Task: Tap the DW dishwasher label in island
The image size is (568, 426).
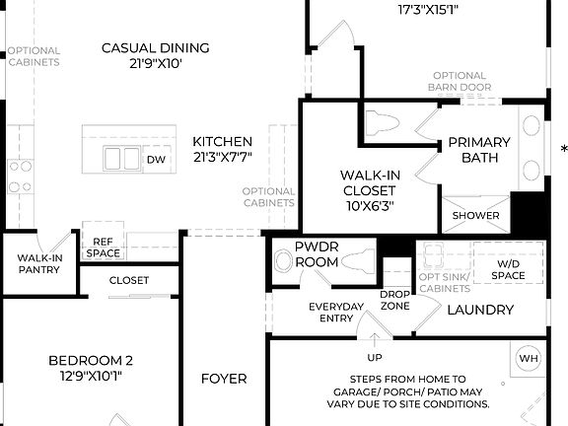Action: point(156,159)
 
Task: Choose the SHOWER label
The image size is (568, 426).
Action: point(475,215)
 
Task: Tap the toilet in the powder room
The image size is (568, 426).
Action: point(284,261)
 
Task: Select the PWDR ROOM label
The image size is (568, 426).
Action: point(317,254)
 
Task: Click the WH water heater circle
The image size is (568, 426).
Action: point(529,358)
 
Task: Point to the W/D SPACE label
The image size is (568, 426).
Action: point(508,269)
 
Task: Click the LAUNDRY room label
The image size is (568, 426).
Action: point(480,310)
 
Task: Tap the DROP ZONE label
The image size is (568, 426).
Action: point(395,300)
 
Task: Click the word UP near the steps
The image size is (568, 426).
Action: point(375,357)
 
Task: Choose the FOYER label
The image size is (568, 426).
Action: point(224,378)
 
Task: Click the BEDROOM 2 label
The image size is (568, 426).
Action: point(91,367)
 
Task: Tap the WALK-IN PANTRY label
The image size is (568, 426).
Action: point(39,263)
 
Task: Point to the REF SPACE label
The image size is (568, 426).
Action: point(103,247)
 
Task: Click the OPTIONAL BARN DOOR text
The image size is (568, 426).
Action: point(460,81)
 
